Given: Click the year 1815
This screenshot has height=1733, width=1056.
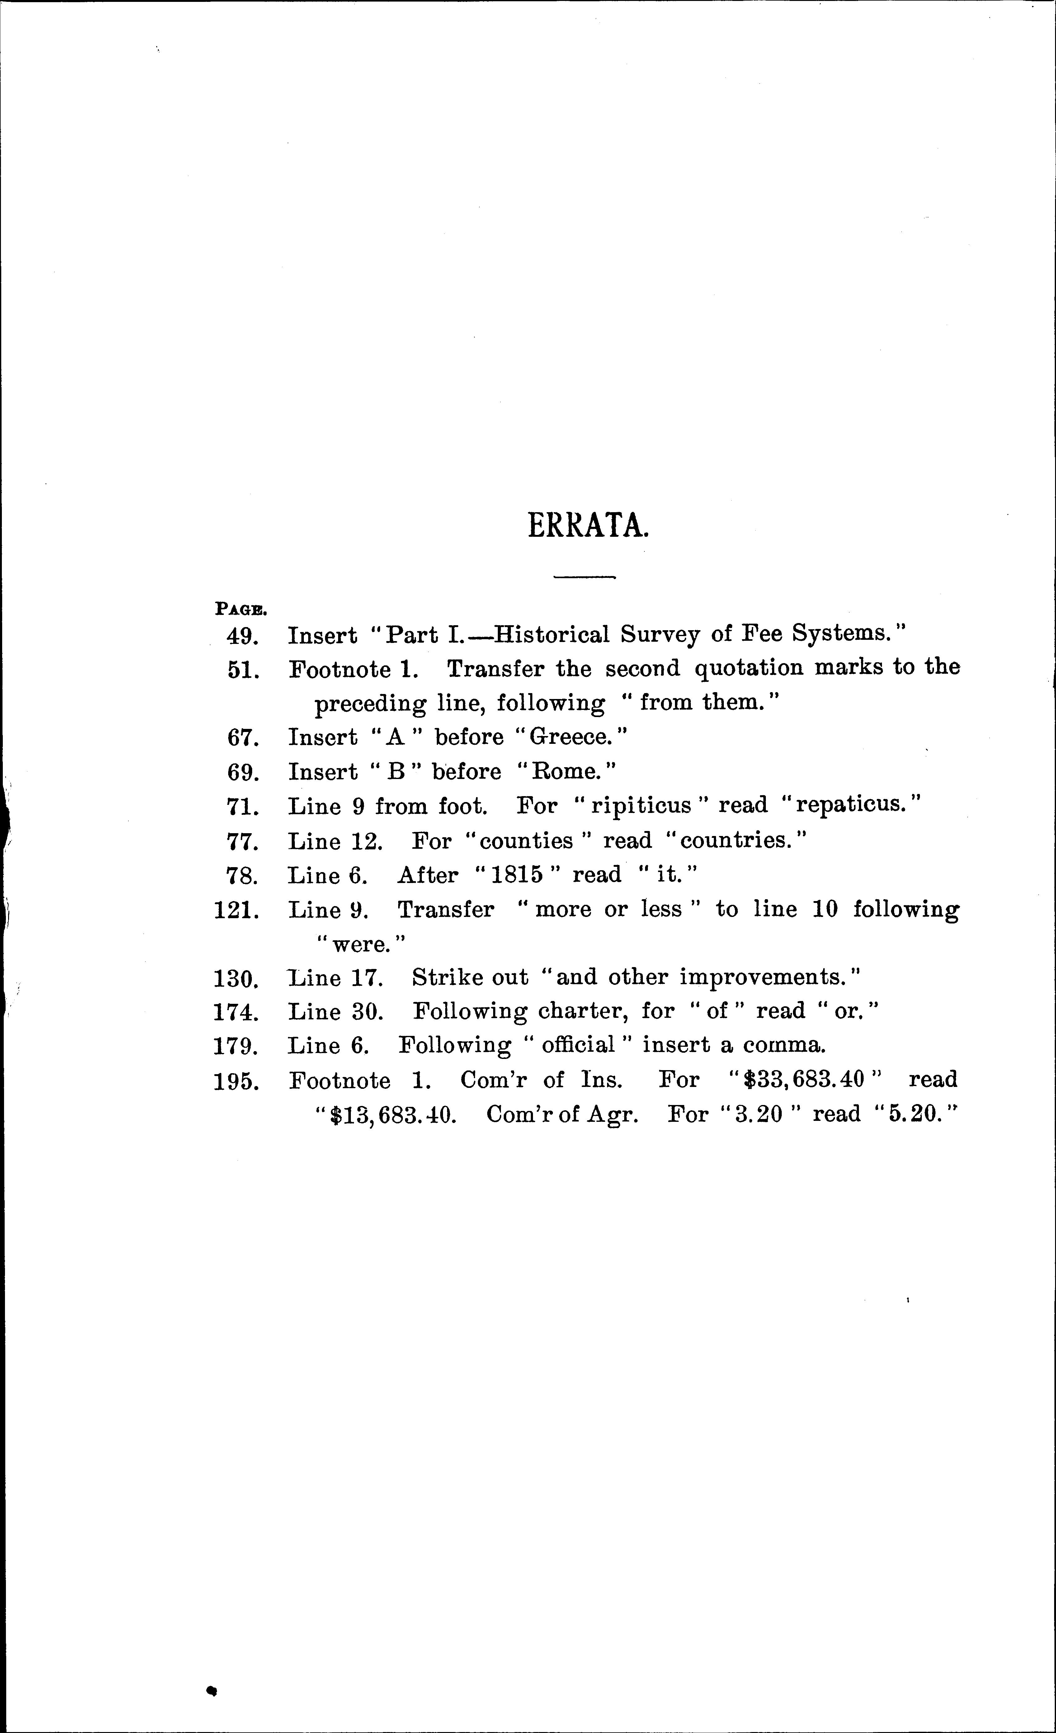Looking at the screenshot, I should (517, 875).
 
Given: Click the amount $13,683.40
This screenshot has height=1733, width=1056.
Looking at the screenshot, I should (394, 1115).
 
